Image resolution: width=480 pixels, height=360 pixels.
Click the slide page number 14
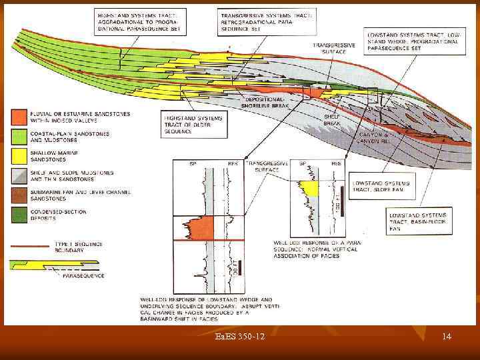click(x=447, y=337)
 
